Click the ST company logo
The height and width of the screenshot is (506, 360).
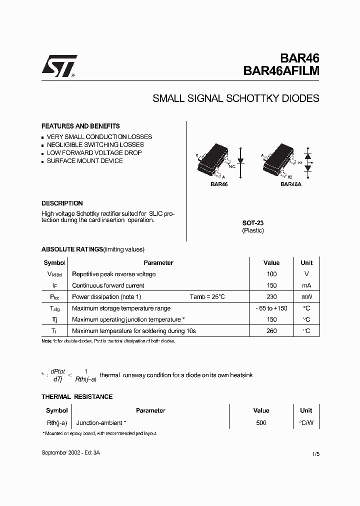[x=59, y=66]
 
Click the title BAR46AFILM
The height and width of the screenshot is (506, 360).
[x=281, y=71]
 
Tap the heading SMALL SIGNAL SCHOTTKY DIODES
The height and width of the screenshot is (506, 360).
[x=235, y=98]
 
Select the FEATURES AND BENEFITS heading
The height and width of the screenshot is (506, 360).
[x=80, y=126]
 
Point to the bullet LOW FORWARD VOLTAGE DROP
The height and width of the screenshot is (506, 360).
[x=94, y=153]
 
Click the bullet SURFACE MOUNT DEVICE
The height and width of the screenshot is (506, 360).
[x=84, y=161]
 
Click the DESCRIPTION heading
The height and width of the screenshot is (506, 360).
[x=62, y=203]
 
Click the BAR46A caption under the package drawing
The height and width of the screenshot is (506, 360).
[x=290, y=184]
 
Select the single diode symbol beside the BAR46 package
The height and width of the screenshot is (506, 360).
[x=241, y=161]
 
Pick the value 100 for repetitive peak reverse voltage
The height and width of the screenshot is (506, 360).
[x=271, y=274]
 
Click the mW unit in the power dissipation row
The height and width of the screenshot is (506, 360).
[x=306, y=297]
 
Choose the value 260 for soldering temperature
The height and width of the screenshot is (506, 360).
[x=271, y=331]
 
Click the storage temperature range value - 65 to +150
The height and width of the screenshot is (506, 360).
[x=271, y=308]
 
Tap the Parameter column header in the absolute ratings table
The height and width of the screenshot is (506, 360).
[x=158, y=262]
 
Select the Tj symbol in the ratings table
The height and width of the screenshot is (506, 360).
[x=54, y=319]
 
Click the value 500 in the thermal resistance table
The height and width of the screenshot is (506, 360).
[x=261, y=422]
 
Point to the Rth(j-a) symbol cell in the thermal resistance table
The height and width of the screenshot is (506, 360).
[x=56, y=422]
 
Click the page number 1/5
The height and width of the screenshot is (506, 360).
[x=315, y=453]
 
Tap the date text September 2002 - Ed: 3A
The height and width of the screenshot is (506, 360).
[x=70, y=452]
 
